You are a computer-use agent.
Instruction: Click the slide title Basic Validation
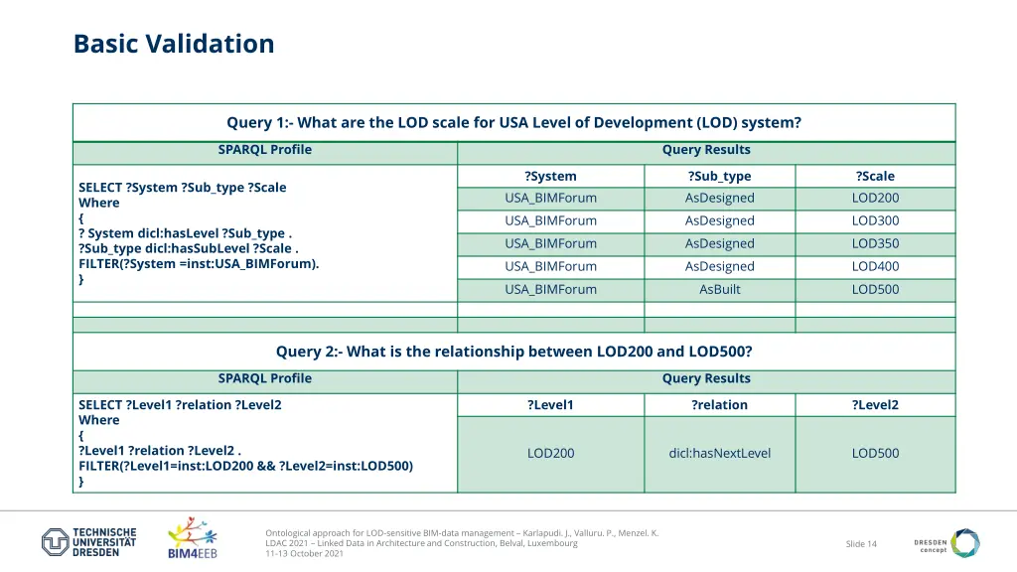pos(174,44)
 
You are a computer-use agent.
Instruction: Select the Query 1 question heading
pos(513,123)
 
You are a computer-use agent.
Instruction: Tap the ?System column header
pos(550,176)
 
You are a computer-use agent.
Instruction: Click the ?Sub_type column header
pos(719,176)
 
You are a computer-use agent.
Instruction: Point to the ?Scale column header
pos(875,176)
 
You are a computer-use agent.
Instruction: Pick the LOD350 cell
pos(875,243)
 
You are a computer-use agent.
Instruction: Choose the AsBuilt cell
pos(719,289)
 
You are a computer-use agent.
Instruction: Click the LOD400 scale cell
pos(875,266)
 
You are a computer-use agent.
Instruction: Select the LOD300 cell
pos(875,220)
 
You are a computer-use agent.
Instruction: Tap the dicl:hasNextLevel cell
pos(719,453)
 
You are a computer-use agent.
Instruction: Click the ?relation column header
pos(719,404)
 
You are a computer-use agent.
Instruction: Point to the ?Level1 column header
pos(550,404)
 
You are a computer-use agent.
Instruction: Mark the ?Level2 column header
pos(875,404)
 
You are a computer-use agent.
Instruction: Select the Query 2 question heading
pos(513,352)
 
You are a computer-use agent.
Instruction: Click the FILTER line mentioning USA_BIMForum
pos(199,264)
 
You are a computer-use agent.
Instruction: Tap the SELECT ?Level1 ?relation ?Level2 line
pos(180,405)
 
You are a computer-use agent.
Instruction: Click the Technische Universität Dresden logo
pos(89,542)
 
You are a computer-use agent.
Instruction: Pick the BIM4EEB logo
pos(193,537)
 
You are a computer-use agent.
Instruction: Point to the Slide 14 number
pos(861,543)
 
